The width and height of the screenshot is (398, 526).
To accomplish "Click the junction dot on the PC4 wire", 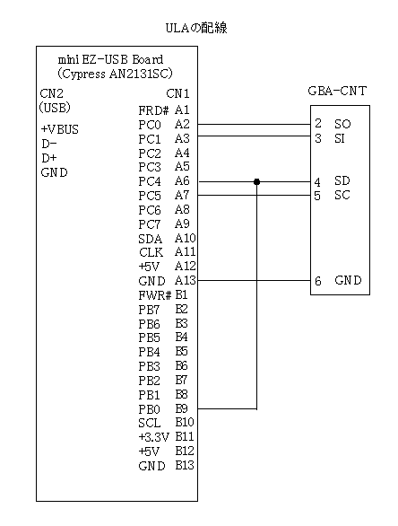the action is click(256, 182).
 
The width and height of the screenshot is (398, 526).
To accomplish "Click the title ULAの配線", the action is click(196, 28).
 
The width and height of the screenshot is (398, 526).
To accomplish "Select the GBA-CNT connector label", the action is click(337, 91).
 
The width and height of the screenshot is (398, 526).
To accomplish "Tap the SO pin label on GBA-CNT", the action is click(342, 124).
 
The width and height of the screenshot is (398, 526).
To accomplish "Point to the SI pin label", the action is click(340, 138).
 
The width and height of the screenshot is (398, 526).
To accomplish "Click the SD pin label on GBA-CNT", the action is click(342, 180).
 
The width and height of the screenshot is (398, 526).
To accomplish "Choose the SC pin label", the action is click(342, 195).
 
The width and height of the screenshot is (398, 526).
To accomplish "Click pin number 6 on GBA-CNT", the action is click(318, 281).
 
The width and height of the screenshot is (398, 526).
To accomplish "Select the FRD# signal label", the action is click(153, 110).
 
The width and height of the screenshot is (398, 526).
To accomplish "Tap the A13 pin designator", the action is click(186, 280).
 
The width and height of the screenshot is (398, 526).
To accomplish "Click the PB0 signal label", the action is click(150, 409).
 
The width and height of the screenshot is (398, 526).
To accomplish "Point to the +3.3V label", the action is click(154, 437).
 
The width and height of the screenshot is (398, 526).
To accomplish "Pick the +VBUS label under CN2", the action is click(60, 129).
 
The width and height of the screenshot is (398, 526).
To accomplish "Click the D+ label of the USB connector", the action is click(49, 158).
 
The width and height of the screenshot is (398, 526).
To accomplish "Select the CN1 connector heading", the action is click(177, 93).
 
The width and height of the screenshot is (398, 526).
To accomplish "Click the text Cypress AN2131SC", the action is click(114, 74).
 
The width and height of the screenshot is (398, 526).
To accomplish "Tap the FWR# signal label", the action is click(154, 295).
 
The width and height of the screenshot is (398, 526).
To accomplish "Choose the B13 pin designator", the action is click(185, 465).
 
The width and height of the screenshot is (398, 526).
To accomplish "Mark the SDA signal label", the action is click(150, 239).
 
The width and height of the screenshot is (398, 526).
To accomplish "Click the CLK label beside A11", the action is click(151, 252).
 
